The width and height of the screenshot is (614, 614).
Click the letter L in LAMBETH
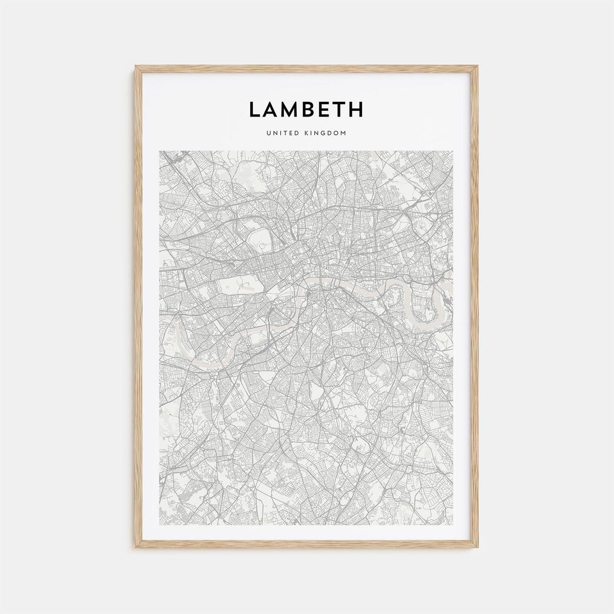point(255,109)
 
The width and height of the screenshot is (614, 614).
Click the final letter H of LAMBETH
point(356,109)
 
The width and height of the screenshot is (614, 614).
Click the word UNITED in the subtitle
point(280,134)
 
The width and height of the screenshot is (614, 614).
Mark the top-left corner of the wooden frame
point(136,67)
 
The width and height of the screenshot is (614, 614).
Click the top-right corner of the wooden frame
point(478,67)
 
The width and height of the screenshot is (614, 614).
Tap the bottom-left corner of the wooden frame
point(136,547)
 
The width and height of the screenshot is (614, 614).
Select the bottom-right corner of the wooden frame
point(478,547)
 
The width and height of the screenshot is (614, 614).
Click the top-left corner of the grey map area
point(160,151)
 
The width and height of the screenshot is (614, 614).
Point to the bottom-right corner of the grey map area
point(453,524)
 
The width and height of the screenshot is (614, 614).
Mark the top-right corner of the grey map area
point(453,151)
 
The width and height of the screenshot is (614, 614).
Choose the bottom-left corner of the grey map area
point(160,524)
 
